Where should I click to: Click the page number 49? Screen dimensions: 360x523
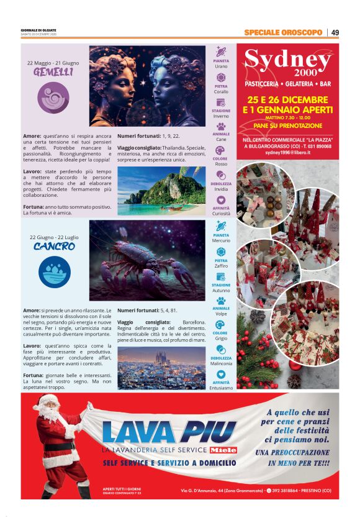click(x=335, y=32)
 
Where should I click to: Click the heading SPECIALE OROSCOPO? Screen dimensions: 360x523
click(x=283, y=32)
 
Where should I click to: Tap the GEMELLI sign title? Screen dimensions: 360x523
click(x=53, y=73)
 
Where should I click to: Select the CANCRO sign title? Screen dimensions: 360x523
click(x=54, y=247)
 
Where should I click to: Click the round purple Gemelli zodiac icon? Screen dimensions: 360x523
click(x=53, y=97)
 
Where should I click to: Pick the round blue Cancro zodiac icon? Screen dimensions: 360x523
click(x=54, y=271)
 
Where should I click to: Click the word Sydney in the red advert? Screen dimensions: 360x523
click(x=287, y=60)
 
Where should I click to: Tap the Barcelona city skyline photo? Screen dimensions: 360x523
click(x=161, y=367)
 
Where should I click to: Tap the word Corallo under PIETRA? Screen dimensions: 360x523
click(x=221, y=92)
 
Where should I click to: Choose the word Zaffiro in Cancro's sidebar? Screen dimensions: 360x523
click(x=221, y=266)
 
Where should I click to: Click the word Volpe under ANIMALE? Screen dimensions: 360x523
click(x=221, y=314)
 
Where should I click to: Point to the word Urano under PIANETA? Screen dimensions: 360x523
click(x=221, y=67)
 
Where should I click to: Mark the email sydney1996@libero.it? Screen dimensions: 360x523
click(x=287, y=152)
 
